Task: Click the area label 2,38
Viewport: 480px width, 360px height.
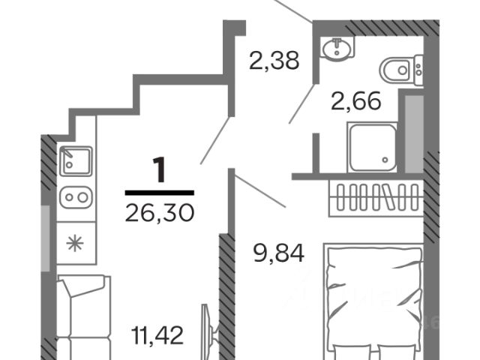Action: (x=274, y=59)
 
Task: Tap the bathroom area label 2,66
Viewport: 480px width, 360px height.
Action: (x=356, y=100)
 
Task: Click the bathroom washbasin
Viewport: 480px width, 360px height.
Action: (x=337, y=49)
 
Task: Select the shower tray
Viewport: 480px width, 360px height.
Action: (x=373, y=148)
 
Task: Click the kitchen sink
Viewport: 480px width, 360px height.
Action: (x=76, y=160)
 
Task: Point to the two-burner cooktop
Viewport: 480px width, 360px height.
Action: (x=76, y=197)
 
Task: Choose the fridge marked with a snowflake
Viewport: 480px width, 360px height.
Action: (x=76, y=242)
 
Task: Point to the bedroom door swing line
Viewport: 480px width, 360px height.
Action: (x=259, y=190)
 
